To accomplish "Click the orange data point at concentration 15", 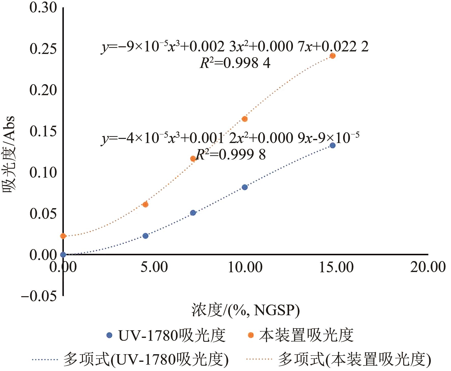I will [332, 56].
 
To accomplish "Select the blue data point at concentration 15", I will [332, 145].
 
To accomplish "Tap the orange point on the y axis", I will [63, 236].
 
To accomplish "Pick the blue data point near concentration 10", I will [245, 187].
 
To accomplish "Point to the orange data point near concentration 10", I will [245, 119].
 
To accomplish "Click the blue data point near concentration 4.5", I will [146, 236].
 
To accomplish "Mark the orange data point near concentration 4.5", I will [146, 204].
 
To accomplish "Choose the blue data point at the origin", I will [63, 254].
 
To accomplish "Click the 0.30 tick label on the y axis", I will [43, 8].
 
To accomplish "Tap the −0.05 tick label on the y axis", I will [39, 296].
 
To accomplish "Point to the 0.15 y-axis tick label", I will [43, 131].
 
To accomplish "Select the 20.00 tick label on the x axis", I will [428, 267].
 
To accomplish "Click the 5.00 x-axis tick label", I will [154, 267].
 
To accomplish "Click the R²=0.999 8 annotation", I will [231, 154].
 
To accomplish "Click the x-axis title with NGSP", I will [245, 310].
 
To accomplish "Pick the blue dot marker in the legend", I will [109, 335].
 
